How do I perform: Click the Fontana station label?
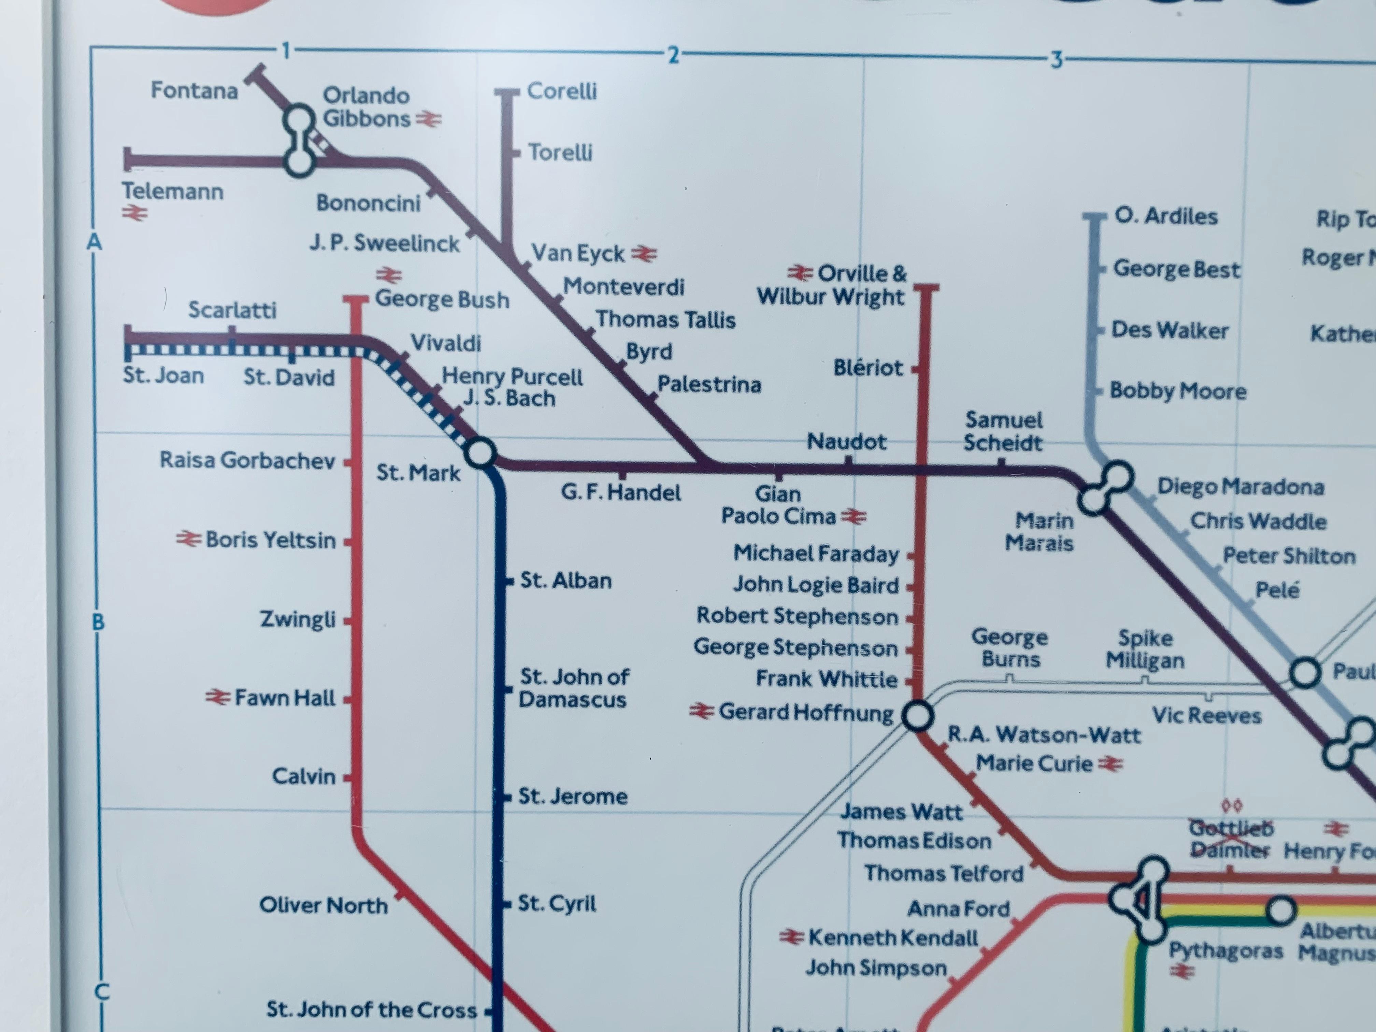pos(194,91)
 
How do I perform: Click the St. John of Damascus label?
pos(574,688)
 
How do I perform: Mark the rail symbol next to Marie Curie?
pos(1110,764)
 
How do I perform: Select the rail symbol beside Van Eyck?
pos(644,254)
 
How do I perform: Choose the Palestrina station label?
pos(709,384)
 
